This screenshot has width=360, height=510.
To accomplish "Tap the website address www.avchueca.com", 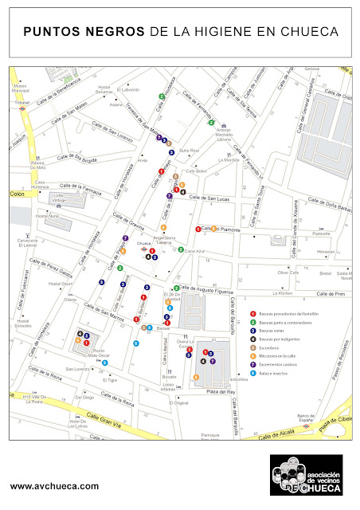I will click(x=55, y=485).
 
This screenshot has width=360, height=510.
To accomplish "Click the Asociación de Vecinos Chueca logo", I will click(x=306, y=475).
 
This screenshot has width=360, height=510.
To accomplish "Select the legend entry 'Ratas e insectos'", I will click(x=272, y=372).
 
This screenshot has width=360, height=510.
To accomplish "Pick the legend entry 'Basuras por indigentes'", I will click(x=278, y=339).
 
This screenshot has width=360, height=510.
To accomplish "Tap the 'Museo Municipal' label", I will click(x=21, y=88).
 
